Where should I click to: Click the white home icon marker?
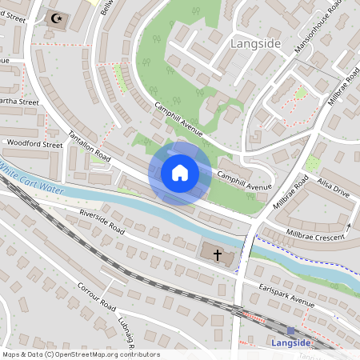tap(180, 172)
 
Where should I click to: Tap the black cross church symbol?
tap(218, 254)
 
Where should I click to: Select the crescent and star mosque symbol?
tap(56, 18)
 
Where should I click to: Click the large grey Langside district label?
tap(255, 43)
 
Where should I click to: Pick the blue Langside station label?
tap(290, 343)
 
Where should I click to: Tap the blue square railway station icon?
tap(290, 330)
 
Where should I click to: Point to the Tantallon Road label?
tap(88, 145)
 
